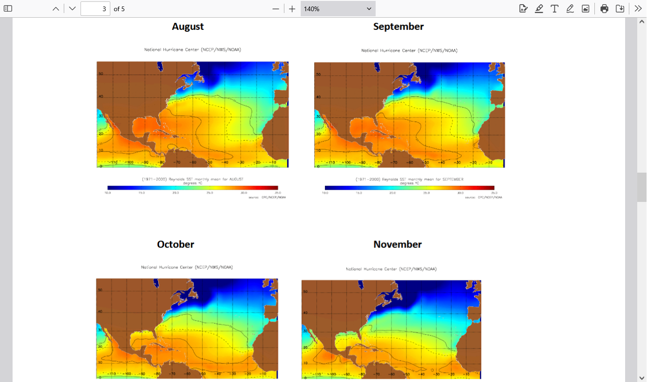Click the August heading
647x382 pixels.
point(188,27)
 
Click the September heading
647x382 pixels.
point(398,27)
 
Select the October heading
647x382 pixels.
point(175,244)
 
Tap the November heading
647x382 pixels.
point(398,244)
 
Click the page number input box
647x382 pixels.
point(95,8)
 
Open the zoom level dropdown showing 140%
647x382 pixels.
point(337,8)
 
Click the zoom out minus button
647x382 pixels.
point(276,8)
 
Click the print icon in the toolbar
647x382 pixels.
point(604,8)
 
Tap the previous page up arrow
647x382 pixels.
point(56,8)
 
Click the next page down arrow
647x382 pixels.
point(72,8)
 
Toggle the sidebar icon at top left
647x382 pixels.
point(8,8)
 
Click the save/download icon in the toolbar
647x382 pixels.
point(620,8)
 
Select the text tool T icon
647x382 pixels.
point(554,8)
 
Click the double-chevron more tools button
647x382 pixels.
point(638,8)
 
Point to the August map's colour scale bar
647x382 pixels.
point(192,188)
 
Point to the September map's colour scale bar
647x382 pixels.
point(409,188)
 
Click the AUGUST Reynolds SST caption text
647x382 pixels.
point(193,179)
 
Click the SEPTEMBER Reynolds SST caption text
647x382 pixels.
point(409,179)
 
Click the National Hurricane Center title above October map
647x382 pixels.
point(187,267)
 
